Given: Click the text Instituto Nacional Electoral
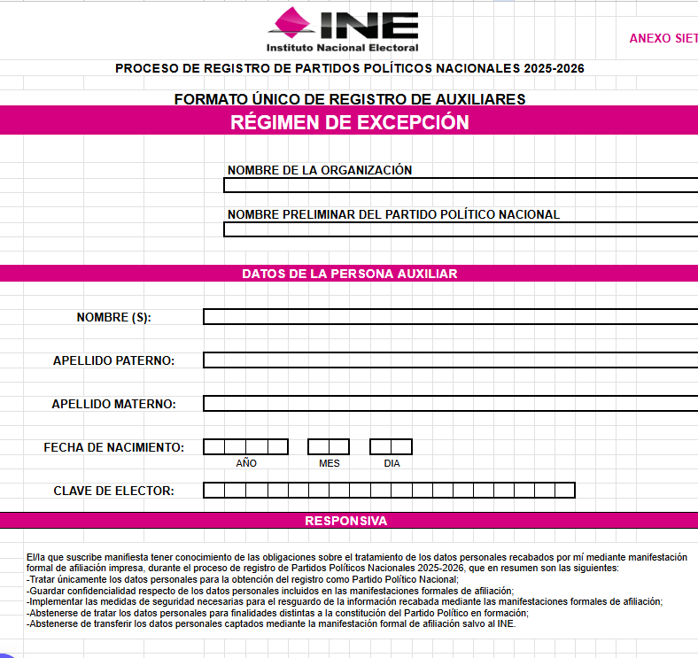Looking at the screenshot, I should click(x=342, y=48).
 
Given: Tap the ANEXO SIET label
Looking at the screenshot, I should click(x=663, y=38).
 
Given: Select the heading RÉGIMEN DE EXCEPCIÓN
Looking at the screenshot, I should click(x=349, y=122).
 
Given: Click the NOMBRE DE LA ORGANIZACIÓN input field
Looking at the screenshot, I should click(x=461, y=185).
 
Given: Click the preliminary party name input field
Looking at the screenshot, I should click(x=461, y=229).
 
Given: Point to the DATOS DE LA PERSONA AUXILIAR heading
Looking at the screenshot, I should click(x=349, y=274).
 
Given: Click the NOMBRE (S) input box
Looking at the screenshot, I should click(x=450, y=316).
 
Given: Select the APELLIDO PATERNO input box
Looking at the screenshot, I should click(x=450, y=360).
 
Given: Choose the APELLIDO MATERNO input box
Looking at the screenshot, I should click(x=450, y=403).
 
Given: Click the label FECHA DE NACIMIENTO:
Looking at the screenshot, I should click(x=114, y=447).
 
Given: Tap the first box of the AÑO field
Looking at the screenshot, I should click(x=213, y=447).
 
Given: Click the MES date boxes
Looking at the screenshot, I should click(x=329, y=447).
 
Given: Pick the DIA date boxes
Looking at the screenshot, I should click(x=391, y=447).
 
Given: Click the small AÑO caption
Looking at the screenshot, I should click(x=246, y=463).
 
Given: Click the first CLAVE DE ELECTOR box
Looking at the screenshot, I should click(x=213, y=490).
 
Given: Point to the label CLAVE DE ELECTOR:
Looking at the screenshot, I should click(x=113, y=491).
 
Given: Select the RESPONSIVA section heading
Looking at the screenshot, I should click(x=345, y=521).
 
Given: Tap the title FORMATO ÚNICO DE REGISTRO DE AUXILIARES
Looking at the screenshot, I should click(x=349, y=99).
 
